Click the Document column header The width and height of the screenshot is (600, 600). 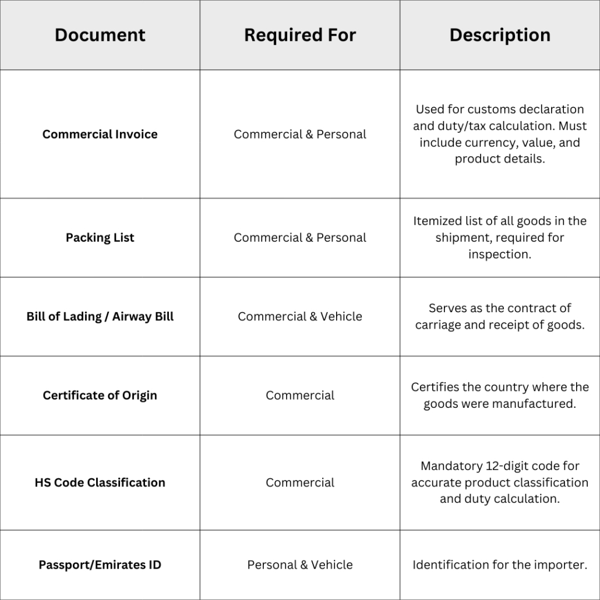click(100, 35)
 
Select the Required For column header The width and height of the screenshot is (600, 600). click(300, 35)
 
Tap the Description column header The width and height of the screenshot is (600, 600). click(500, 35)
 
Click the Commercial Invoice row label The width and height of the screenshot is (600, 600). click(100, 134)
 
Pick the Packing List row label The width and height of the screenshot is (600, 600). click(100, 238)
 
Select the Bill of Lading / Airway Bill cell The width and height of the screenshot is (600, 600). click(100, 316)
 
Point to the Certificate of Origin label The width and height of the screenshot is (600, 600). click(100, 395)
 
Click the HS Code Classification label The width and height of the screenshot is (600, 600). click(100, 482)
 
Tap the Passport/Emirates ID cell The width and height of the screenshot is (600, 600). click(100, 564)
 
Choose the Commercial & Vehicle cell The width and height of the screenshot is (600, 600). click(300, 316)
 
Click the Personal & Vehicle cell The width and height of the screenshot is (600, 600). click(300, 564)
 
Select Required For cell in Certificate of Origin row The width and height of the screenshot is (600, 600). click(300, 395)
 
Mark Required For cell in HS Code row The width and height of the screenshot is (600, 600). click(300, 482)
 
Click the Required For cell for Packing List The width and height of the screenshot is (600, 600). click(300, 238)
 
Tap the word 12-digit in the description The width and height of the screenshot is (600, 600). click(507, 466)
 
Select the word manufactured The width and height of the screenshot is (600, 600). click(537, 403)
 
